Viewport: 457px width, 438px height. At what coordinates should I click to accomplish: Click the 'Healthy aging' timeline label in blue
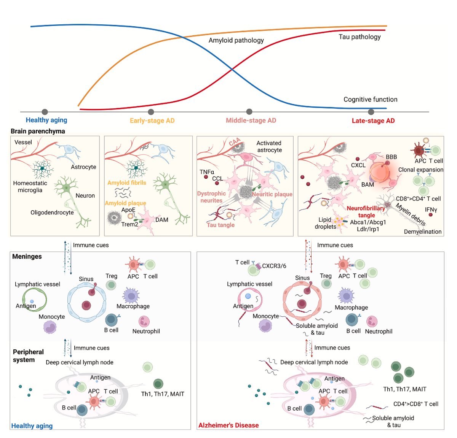pos(46,120)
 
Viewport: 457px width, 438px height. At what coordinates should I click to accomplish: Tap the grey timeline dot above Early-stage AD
pos(151,112)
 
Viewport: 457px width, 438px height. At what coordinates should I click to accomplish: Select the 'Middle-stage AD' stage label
pos(251,121)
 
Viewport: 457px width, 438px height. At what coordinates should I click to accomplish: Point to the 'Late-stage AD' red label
pos(373,121)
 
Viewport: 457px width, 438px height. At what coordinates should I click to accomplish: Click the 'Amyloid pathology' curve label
pos(236,40)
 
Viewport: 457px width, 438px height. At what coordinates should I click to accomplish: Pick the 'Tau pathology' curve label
pos(360,37)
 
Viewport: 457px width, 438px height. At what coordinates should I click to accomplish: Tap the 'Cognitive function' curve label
pos(370,100)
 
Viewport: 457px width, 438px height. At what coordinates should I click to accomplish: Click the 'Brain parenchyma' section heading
pos(38,131)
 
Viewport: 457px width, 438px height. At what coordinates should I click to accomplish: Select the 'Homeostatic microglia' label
pos(30,187)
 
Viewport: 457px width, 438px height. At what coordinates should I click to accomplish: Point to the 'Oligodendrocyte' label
pos(52,213)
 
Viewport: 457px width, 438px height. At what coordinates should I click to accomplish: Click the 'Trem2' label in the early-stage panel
pos(129,224)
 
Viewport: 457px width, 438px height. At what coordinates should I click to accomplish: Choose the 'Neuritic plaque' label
pos(272,194)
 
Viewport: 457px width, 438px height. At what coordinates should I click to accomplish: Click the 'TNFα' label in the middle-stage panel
pos(207,172)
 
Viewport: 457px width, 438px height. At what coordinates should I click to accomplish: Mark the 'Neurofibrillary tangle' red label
pos(366,212)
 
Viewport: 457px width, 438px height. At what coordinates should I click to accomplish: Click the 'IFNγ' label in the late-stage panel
pos(431,210)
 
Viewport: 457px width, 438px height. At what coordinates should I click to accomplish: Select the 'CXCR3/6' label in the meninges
pos(274,266)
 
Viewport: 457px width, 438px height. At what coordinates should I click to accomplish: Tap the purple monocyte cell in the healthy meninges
pos(50,327)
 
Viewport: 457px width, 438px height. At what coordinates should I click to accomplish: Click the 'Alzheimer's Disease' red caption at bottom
pos(228,425)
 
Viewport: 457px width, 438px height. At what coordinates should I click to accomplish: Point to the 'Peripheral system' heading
pos(28,356)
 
